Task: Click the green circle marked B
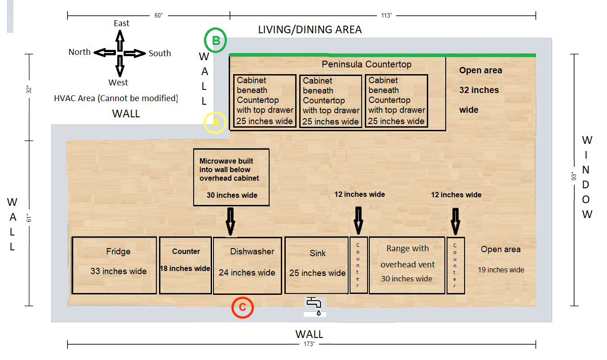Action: [216, 41]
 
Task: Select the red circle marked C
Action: [243, 308]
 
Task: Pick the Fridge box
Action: [115, 265]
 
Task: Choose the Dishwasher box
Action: [247, 265]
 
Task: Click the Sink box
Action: [317, 265]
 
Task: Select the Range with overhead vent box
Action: [407, 265]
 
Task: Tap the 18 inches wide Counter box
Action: [186, 265]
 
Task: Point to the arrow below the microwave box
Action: [230, 222]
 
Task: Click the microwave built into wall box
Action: [231, 177]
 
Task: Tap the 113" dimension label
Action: [386, 16]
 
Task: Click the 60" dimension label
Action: [159, 16]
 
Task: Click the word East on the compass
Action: [121, 23]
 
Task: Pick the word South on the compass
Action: [160, 53]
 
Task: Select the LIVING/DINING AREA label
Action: [310, 30]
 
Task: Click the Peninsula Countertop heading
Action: [366, 65]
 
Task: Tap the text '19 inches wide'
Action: [501, 270]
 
